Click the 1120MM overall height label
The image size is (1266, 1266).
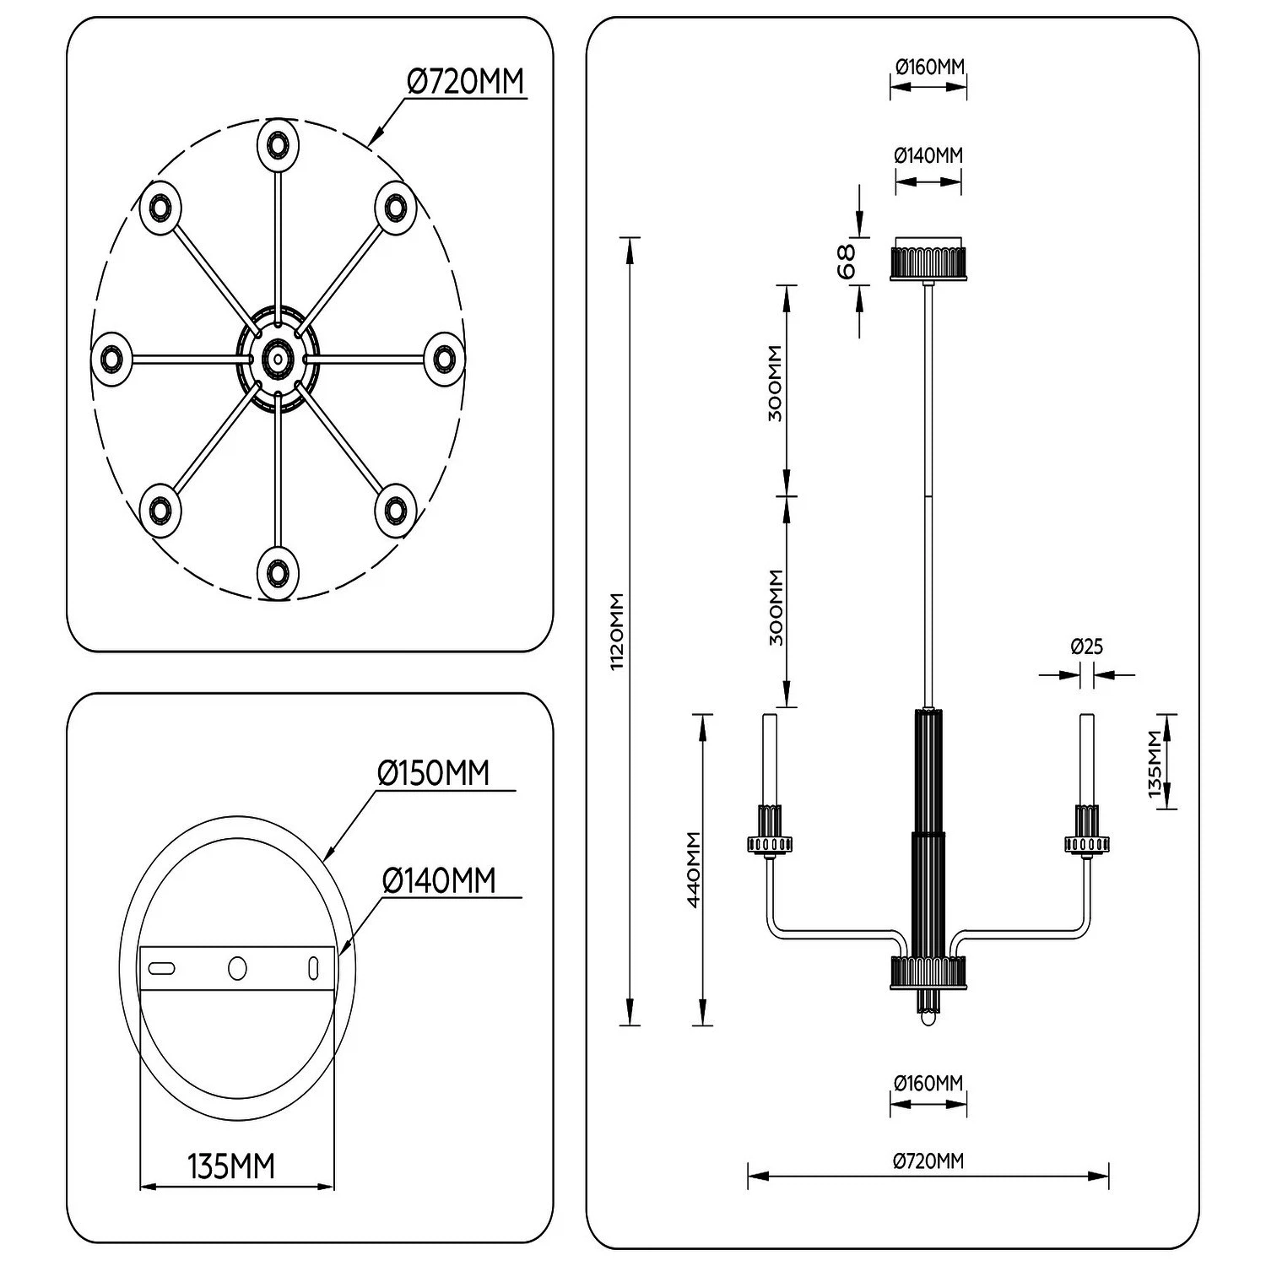pyautogui.click(x=617, y=631)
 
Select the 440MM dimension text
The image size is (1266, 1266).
pyautogui.click(x=694, y=869)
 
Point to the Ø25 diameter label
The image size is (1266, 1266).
pyautogui.click(x=1086, y=647)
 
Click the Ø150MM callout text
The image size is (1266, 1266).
pyautogui.click(x=433, y=772)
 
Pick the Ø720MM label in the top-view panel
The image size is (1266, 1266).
pyautogui.click(x=465, y=81)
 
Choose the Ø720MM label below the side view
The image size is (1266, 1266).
pyautogui.click(x=928, y=1161)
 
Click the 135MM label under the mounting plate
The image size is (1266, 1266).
pyautogui.click(x=231, y=1166)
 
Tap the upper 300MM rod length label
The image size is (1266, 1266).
pyautogui.click(x=776, y=383)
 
